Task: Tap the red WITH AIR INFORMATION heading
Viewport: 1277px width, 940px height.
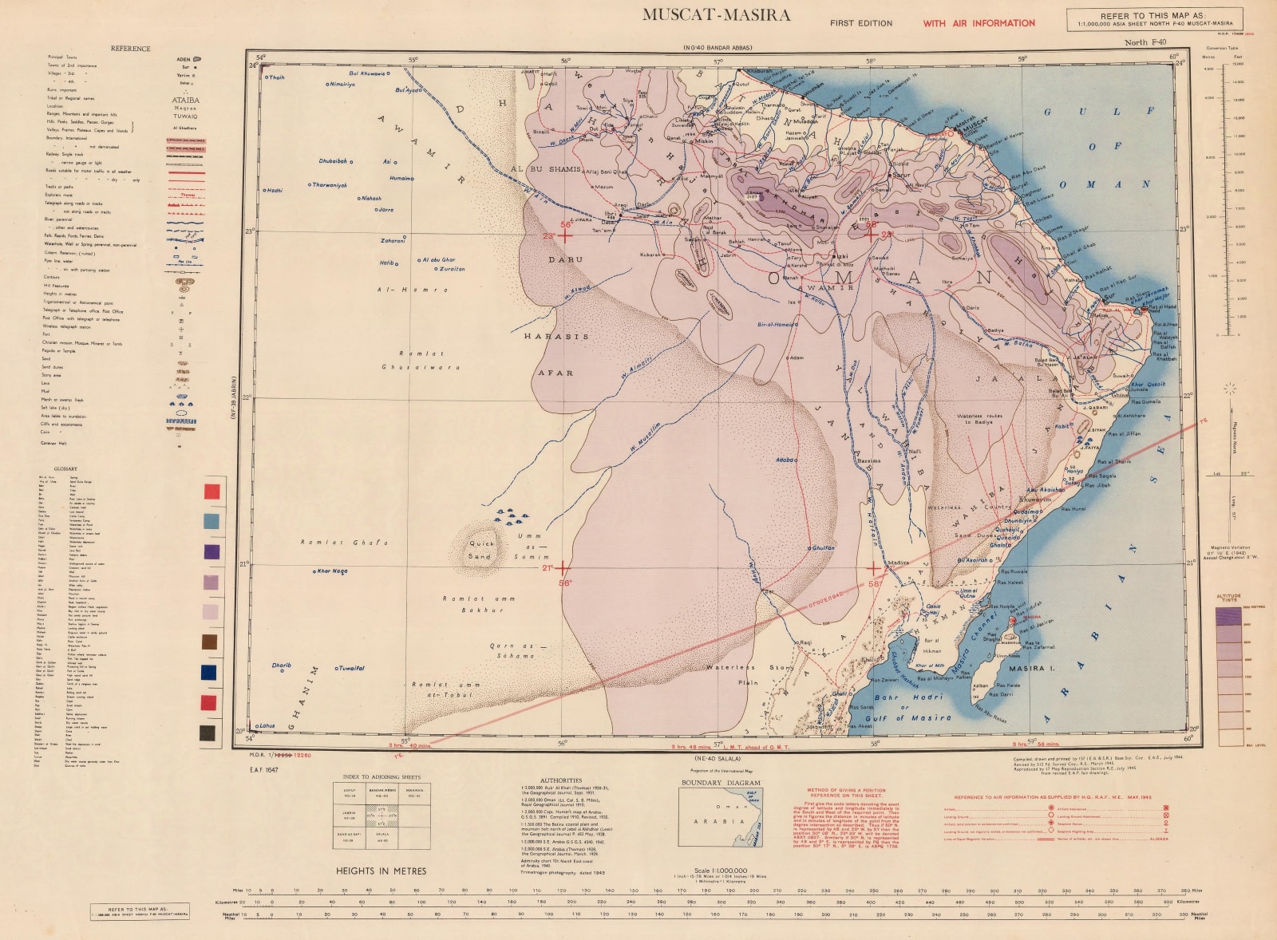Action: click(979, 23)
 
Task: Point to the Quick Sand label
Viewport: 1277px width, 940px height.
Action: click(480, 549)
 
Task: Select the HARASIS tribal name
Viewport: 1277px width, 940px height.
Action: click(556, 337)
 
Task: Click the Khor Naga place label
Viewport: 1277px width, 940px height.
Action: click(332, 571)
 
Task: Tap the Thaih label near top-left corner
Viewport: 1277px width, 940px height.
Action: click(277, 77)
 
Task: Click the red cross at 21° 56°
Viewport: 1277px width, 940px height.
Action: click(563, 568)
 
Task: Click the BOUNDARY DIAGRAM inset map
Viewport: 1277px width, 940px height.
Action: click(721, 817)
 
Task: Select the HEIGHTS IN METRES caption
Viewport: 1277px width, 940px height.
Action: click(381, 871)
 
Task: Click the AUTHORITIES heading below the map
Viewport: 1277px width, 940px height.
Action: click(561, 780)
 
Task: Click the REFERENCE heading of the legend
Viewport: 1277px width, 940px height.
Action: click(130, 49)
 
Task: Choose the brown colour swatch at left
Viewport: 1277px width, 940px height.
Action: click(211, 642)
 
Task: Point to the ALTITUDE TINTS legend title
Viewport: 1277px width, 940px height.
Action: click(1229, 598)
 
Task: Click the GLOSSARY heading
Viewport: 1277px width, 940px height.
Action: click(65, 468)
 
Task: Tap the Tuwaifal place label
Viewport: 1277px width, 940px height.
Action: click(351, 668)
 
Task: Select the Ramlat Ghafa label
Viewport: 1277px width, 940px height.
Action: click(344, 543)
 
